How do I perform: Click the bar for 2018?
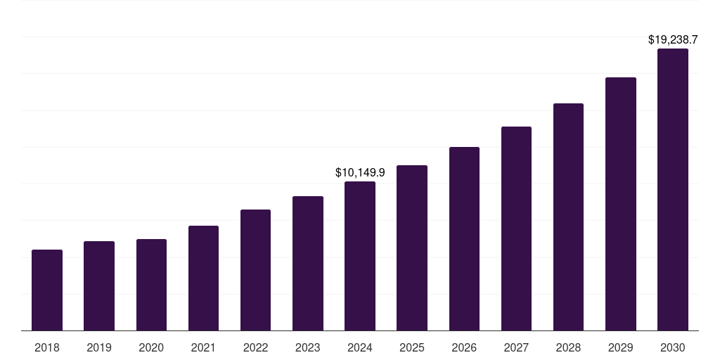(x=47, y=290)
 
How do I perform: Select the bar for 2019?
(x=99, y=285)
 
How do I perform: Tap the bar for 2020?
(x=151, y=285)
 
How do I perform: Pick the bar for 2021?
(x=203, y=278)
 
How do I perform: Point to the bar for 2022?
(x=255, y=270)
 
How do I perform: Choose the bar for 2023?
(x=308, y=263)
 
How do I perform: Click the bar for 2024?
(x=360, y=256)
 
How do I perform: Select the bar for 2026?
(x=464, y=238)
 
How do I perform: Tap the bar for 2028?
(x=568, y=217)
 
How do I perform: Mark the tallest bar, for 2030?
(x=673, y=189)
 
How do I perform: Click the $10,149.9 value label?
(x=360, y=172)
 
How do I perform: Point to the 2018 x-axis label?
(x=47, y=347)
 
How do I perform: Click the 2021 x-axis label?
(x=203, y=347)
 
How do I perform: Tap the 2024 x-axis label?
(x=360, y=347)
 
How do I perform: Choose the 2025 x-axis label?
(x=412, y=347)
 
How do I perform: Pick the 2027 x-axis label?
(x=516, y=347)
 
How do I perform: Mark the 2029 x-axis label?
(x=621, y=347)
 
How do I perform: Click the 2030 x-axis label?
(x=673, y=347)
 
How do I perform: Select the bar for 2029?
(x=621, y=204)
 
